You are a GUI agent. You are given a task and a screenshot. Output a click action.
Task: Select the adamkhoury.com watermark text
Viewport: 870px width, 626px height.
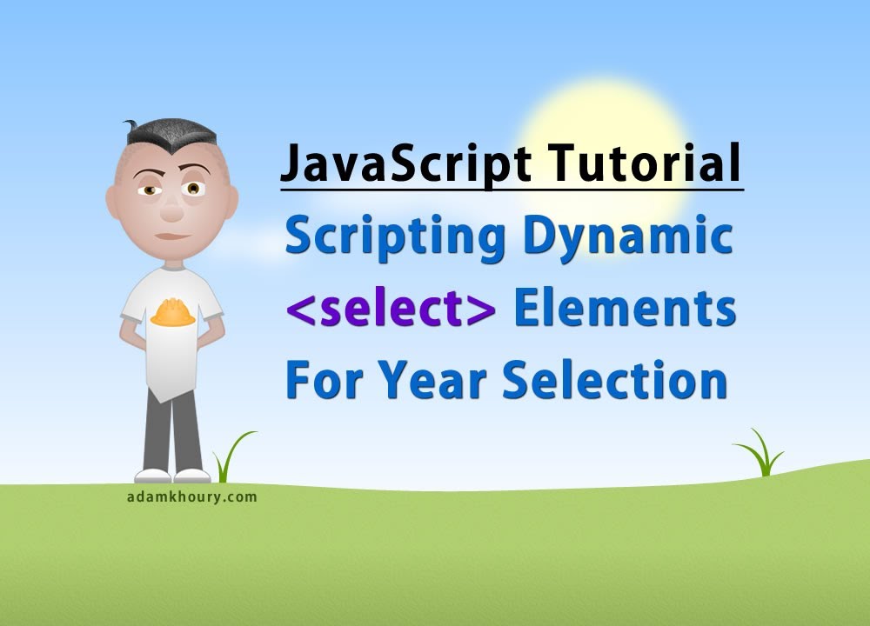[191, 497]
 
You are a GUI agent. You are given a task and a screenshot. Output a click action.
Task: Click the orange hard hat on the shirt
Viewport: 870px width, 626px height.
[172, 312]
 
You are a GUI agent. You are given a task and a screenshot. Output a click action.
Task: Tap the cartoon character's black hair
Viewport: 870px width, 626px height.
[171, 135]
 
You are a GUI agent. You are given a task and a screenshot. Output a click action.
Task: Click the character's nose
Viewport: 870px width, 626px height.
[171, 207]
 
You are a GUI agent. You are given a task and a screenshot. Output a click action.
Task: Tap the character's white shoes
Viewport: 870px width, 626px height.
[172, 476]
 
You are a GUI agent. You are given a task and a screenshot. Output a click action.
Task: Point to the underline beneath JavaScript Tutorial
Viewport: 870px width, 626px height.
[512, 188]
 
